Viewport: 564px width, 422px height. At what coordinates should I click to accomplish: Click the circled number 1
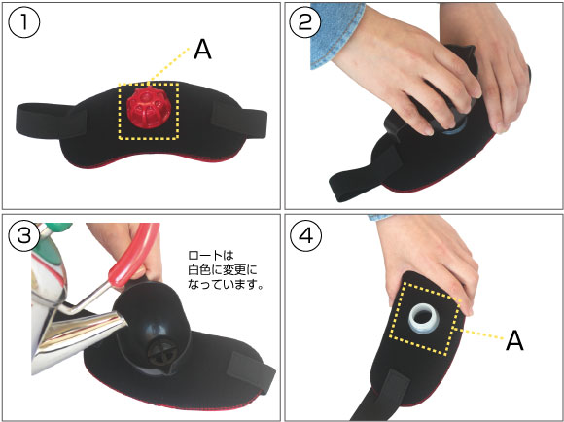point(24,22)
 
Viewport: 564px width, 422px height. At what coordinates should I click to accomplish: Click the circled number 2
point(305,22)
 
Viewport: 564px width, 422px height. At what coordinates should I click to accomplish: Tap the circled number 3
point(24,236)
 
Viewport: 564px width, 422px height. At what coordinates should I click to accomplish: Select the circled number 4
point(306,236)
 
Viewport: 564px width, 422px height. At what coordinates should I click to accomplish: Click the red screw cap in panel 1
point(145,107)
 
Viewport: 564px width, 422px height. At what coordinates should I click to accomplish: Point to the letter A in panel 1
point(202,50)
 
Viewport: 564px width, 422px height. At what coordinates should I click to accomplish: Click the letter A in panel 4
point(514,340)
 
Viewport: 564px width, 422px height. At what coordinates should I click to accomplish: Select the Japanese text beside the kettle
point(226,270)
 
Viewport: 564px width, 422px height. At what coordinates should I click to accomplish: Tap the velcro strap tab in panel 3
point(253,371)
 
